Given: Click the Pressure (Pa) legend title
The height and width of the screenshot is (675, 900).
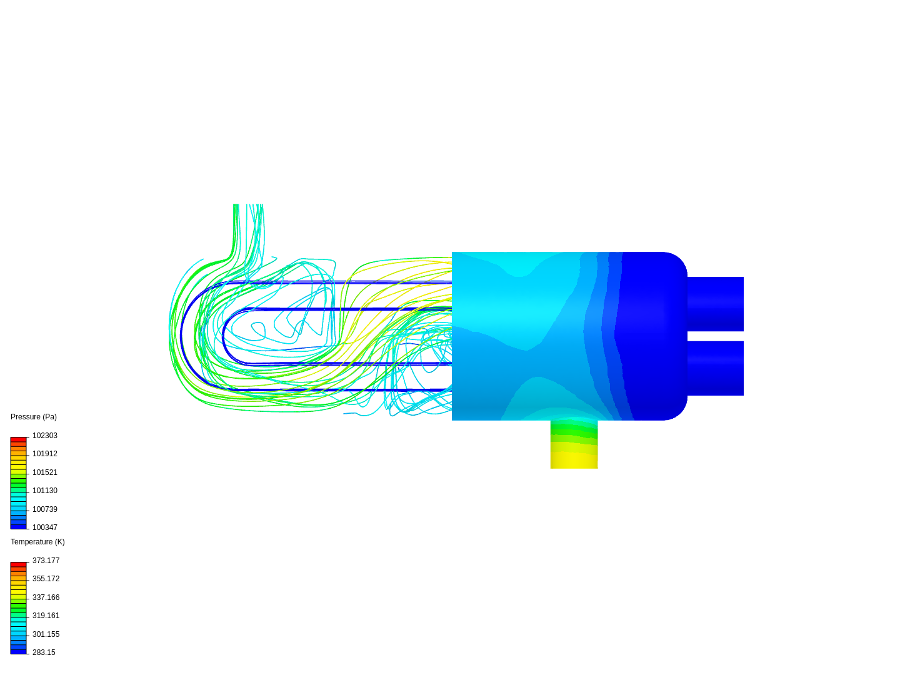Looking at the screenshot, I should tap(34, 417).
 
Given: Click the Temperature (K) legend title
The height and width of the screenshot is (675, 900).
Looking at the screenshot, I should tap(37, 542).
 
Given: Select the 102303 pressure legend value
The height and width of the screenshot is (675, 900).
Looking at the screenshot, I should tap(45, 436).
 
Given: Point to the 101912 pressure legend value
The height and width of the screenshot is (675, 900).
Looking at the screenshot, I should tap(45, 454).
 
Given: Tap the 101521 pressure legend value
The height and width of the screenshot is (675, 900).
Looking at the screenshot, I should tap(45, 472).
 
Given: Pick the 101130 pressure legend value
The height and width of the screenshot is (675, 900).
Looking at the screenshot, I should tap(45, 491).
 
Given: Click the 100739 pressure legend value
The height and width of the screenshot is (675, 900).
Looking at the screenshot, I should tap(45, 509).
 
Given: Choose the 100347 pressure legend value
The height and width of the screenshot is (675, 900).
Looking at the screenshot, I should tap(45, 527).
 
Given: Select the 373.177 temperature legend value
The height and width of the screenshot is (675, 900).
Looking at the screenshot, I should tap(46, 561).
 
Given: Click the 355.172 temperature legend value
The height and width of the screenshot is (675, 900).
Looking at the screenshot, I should tap(46, 579).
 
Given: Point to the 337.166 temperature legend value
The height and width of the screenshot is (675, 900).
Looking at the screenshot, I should tap(46, 597).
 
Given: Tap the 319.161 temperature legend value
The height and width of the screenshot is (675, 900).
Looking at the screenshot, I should tap(46, 616).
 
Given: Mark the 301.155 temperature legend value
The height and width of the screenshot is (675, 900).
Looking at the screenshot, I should tap(46, 634).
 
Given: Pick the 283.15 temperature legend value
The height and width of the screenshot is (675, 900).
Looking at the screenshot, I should tap(44, 652).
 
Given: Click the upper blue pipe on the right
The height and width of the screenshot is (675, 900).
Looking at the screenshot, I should tap(716, 304).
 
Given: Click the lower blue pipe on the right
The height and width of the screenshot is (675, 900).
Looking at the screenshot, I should tap(716, 368).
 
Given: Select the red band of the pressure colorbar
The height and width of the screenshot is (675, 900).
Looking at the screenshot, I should tap(19, 440).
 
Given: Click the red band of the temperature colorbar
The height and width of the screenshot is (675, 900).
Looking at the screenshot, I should tap(19, 565).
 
